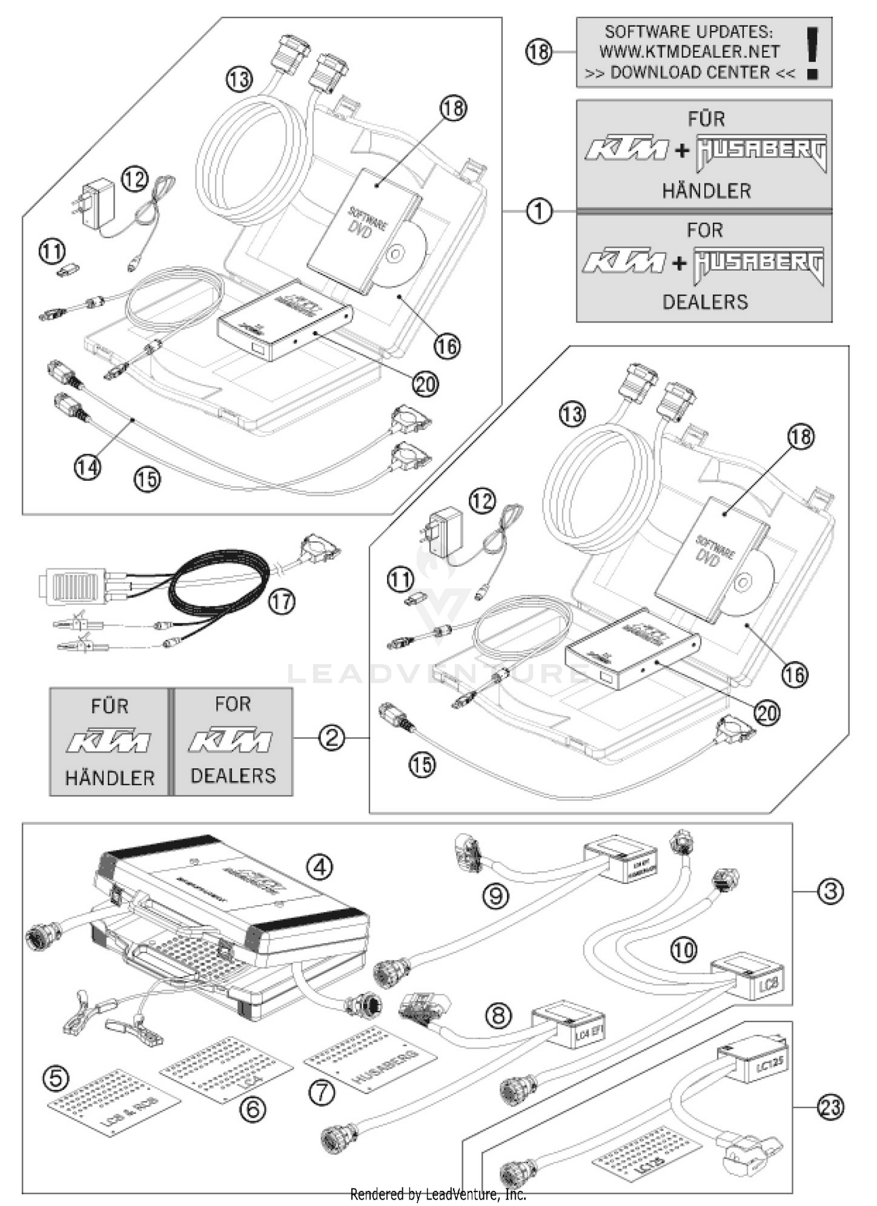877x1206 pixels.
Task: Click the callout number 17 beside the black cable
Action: click(282, 601)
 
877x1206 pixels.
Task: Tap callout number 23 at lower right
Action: click(831, 1107)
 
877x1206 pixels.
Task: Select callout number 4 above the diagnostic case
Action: click(320, 867)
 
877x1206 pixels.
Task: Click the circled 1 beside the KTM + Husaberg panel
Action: click(539, 211)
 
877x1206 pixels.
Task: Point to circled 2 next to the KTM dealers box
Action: click(332, 739)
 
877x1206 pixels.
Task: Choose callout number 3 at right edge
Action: click(831, 892)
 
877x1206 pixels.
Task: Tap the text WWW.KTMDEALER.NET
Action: click(689, 51)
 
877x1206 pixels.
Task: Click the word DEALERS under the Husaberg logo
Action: click(705, 301)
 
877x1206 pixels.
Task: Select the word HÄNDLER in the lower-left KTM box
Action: click(110, 778)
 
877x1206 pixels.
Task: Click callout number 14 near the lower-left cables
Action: click(87, 467)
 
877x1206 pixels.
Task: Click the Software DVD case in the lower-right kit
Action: click(709, 558)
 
